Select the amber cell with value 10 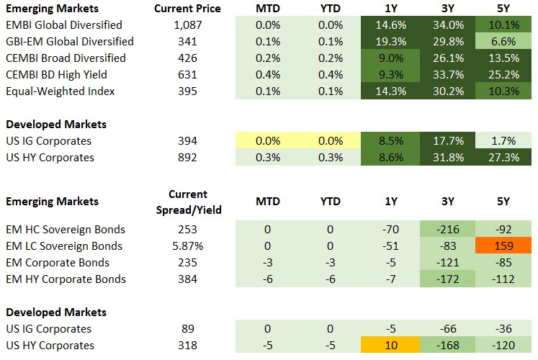point(392,346)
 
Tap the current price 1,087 point(187,25)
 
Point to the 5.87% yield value point(187,246)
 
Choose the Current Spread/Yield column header point(187,202)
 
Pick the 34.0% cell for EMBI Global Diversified point(447,25)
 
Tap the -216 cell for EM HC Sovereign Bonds point(447,230)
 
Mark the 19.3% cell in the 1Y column point(392,42)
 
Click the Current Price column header point(187,9)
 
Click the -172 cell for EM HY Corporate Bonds point(447,279)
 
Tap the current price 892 point(187,158)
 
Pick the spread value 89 point(187,329)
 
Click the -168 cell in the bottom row point(447,346)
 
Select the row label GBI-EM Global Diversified point(69,42)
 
